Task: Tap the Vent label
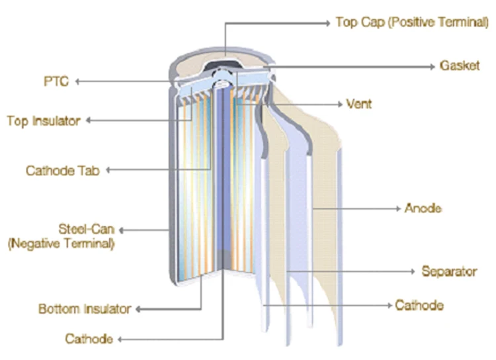[x=359, y=104]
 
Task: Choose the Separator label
[x=449, y=271]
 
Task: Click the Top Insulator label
[x=43, y=121]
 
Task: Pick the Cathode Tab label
[x=62, y=171]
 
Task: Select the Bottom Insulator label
[x=85, y=309]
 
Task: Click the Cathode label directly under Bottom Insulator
[x=89, y=339]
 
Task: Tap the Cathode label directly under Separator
[x=419, y=305]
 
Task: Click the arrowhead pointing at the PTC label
[x=77, y=81]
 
